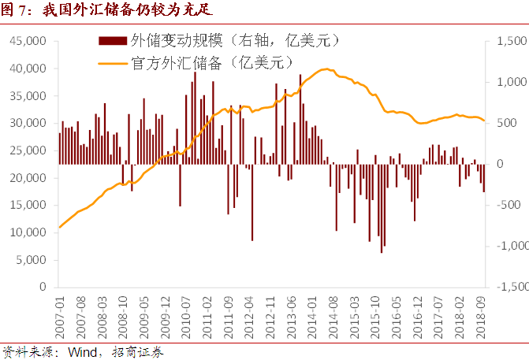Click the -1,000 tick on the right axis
pyautogui.click(x=510, y=247)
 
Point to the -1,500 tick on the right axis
pyautogui.click(x=510, y=288)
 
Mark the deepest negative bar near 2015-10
pyautogui.click(x=382, y=252)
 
